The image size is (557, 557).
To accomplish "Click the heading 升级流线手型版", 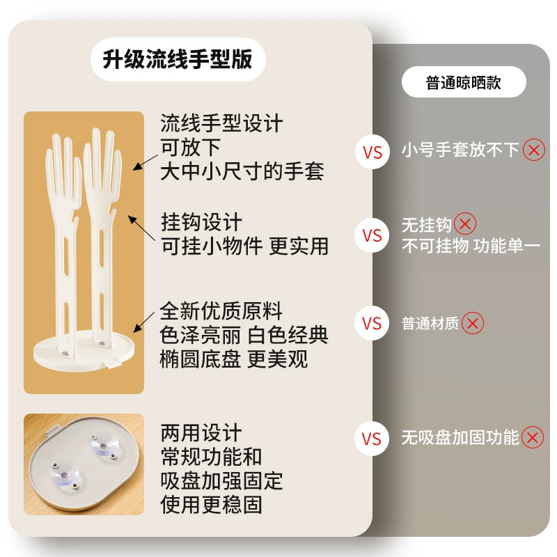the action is (x=178, y=59).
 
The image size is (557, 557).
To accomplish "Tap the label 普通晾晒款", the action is (x=464, y=82).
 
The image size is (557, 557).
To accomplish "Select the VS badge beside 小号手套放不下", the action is (x=372, y=152).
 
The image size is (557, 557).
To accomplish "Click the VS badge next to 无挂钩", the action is (x=372, y=235).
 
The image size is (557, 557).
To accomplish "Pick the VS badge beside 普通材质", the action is (x=372, y=323).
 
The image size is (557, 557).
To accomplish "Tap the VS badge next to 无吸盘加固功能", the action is (x=372, y=439).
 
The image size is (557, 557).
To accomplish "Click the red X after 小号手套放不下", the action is (x=533, y=150).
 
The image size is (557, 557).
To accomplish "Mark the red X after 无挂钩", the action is (x=465, y=223).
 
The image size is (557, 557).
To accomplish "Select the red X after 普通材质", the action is (x=473, y=323).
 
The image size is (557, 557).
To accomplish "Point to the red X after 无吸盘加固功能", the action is (x=533, y=437).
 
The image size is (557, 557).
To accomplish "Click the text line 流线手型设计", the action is (x=221, y=123).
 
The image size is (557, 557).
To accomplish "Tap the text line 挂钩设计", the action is (x=201, y=222).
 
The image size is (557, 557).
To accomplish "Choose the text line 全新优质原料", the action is (x=221, y=311).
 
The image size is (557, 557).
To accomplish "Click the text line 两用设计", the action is (x=201, y=432).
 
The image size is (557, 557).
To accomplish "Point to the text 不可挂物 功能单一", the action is (x=471, y=246).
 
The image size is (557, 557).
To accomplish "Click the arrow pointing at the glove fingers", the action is (x=146, y=162).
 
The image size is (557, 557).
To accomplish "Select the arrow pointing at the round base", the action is (x=143, y=322).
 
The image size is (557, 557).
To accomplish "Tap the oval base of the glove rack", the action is (x=84, y=352).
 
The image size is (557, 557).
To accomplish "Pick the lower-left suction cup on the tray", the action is (x=64, y=475).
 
